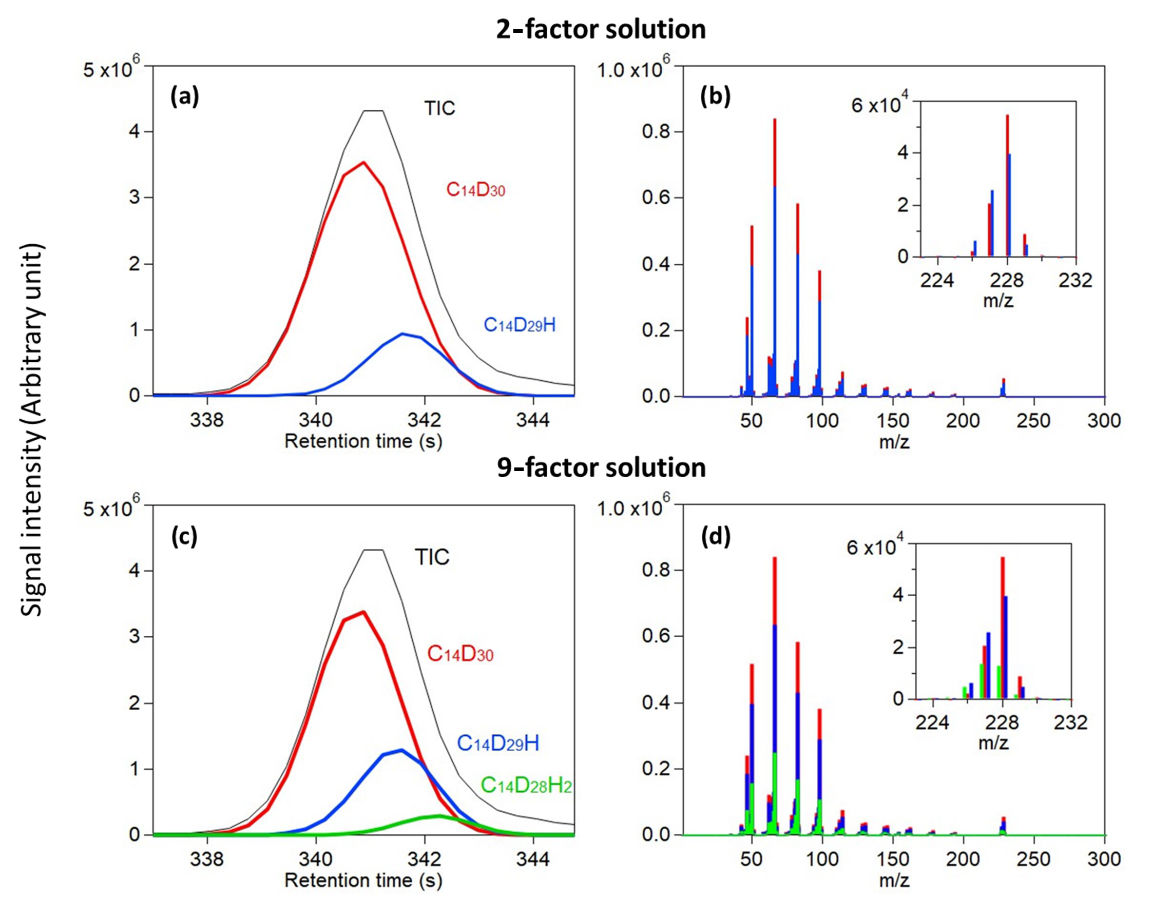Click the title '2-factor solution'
[x=600, y=29]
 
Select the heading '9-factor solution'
[x=601, y=467]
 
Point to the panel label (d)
[x=715, y=536]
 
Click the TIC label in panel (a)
[x=439, y=108]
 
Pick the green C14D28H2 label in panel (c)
[x=526, y=786]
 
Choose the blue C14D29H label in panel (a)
[x=520, y=325]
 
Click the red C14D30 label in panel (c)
[x=460, y=654]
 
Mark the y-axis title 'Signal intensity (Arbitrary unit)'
[x=33, y=429]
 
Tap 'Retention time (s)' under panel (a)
[x=363, y=441]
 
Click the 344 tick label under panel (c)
[x=533, y=859]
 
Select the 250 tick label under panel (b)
[x=1033, y=421]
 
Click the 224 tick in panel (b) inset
[x=937, y=280]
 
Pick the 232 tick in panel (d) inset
[x=1071, y=722]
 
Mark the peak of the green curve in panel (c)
[x=439, y=816]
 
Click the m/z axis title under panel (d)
[x=894, y=881]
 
